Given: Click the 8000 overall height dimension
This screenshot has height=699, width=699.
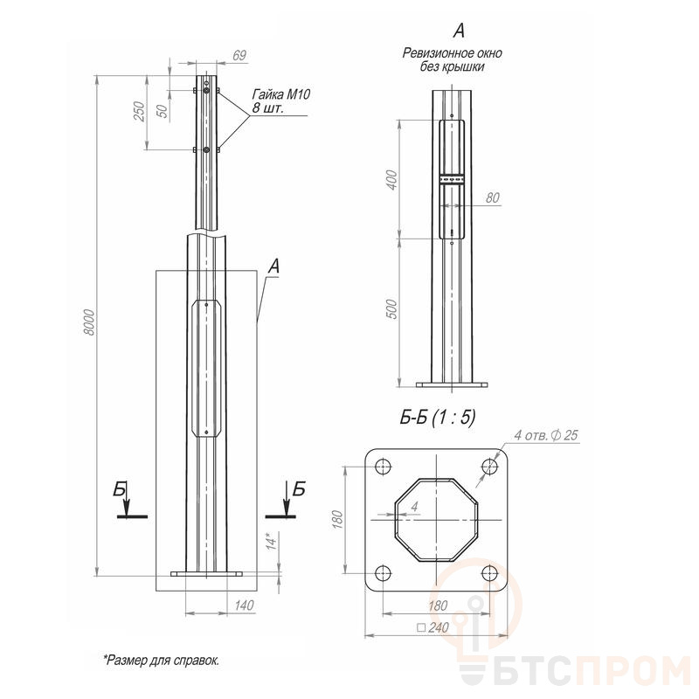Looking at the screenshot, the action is coord(90,322).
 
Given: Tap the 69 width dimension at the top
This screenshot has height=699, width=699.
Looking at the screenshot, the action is coord(239,55).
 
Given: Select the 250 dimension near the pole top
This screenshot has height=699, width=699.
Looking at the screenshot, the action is coord(140,112).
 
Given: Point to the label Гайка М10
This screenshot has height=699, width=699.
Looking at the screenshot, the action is coord(280,94).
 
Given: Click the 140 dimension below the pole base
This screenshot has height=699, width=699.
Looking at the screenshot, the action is coord(244,605).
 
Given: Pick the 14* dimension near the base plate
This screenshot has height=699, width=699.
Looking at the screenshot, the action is coord(272,540).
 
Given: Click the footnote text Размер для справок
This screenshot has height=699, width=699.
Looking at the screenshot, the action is coord(162,661).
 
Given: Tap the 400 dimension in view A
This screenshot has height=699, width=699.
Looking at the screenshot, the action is coord(391,180).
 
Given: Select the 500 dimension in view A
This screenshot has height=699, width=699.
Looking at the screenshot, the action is coord(391,308).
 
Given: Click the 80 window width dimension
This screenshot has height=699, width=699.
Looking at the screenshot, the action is coord(492,197).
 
